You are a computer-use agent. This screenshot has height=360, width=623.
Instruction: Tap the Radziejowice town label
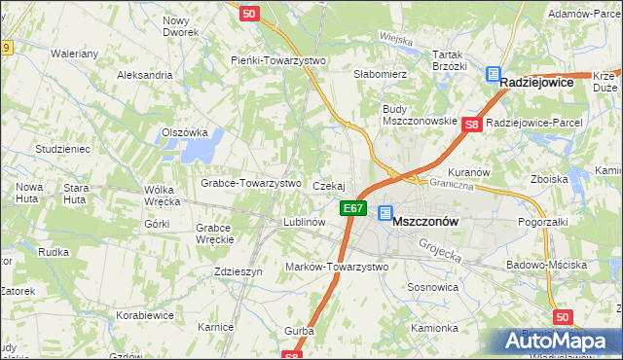tap(547, 85)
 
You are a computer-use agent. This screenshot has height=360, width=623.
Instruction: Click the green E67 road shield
tap(353, 208)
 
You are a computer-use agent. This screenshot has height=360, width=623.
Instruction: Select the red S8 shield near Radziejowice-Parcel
tap(472, 125)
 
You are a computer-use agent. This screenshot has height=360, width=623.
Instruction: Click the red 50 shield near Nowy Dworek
tap(249, 14)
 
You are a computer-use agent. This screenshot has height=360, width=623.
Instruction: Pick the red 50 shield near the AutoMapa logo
tap(561, 317)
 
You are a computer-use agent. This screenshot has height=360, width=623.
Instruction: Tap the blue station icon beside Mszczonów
tap(385, 213)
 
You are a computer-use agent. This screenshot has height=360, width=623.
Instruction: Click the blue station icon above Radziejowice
tap(493, 73)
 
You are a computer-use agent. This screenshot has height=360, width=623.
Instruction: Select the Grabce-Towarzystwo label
tap(250, 183)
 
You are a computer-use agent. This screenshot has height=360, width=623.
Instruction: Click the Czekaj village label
tap(329, 185)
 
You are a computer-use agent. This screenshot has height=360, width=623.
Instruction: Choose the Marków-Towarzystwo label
tap(336, 267)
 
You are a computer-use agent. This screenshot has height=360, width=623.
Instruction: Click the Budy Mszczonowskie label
tap(420, 114)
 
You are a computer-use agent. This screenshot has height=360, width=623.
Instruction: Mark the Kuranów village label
tap(468, 172)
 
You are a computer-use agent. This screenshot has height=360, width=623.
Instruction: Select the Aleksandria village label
tap(143, 74)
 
